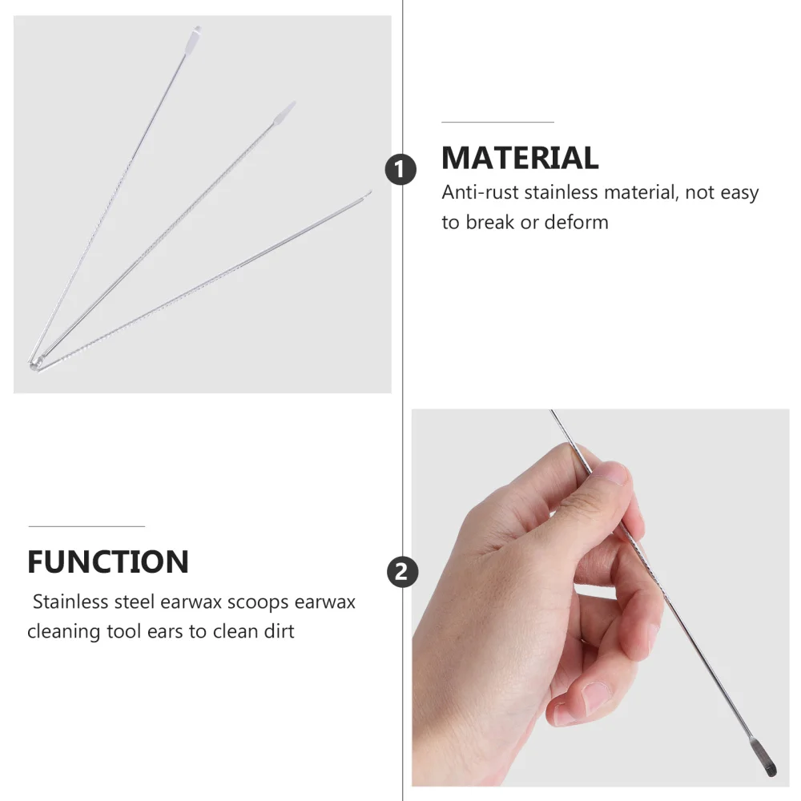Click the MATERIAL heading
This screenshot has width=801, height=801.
coord(520,158)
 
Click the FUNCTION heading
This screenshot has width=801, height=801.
coord(108,562)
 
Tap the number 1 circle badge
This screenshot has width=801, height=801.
coord(400,170)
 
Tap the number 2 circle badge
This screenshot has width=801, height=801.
coord(402,572)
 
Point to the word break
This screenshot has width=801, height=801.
coord(490,222)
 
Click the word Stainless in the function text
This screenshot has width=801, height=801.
coord(70,602)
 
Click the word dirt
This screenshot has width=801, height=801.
coord(276,631)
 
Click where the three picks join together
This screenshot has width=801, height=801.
coord(34,364)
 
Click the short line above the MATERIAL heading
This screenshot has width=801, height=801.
coord(497,123)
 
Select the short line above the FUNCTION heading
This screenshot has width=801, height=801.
coord(87,526)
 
